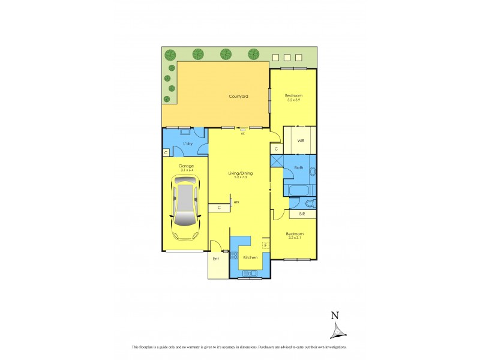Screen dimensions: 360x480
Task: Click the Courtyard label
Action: pos(238,96)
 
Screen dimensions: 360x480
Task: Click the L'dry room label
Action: pos(187,144)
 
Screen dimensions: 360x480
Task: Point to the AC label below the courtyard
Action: pos(243,133)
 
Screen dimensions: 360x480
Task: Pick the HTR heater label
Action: pos(236,202)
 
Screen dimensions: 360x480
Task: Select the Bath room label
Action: pos(298,167)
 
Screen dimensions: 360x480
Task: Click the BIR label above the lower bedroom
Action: pos(302,214)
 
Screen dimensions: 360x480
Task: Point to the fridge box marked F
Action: pos(265,245)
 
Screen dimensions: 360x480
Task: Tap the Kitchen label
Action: pos(251,257)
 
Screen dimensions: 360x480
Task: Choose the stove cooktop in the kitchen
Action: pos(234,255)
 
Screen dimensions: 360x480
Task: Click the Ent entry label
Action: pos(216,259)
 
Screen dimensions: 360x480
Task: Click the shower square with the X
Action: pos(277,161)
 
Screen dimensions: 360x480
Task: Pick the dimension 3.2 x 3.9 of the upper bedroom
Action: pos(293,100)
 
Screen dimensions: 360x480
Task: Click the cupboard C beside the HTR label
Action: pos(219,208)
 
